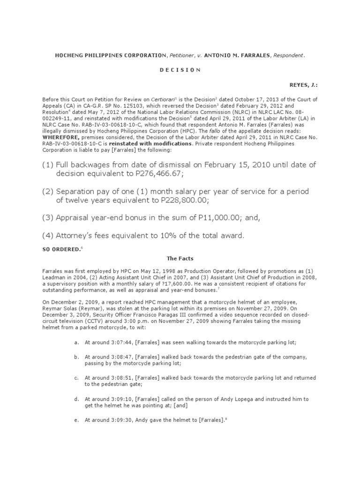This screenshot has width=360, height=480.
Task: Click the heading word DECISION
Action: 180,70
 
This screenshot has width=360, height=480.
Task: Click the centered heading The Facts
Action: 180,258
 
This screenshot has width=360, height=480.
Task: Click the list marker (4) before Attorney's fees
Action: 48,236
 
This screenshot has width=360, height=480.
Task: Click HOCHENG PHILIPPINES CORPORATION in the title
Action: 111,56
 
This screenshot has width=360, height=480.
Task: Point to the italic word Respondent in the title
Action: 288,56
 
